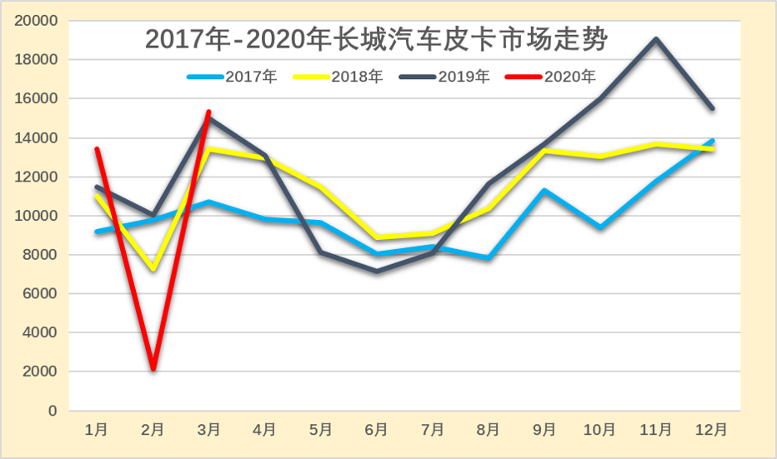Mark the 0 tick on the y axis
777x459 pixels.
[52, 411]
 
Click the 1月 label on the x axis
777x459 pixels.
[97, 430]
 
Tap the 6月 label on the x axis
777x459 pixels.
[377, 430]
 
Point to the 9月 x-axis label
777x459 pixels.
[544, 430]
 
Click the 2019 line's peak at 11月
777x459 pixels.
[656, 39]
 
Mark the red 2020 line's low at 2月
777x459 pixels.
[153, 368]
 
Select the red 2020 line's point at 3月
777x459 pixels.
[209, 112]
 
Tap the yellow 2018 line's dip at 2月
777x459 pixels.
[153, 269]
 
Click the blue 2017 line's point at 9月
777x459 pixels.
[544, 191]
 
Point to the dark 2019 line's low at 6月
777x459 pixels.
[377, 271]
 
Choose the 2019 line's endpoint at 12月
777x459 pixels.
[712, 108]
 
